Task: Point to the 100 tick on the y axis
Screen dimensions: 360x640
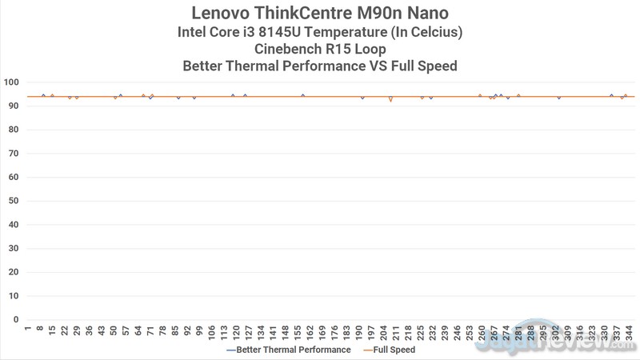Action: coord(11,82)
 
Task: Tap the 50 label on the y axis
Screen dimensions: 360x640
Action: coord(14,201)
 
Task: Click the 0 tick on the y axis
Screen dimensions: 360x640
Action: coord(16,319)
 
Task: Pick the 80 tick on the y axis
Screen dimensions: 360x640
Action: coord(14,130)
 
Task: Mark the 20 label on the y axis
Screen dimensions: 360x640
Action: coord(14,272)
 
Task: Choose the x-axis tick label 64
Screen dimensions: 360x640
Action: coord(138,329)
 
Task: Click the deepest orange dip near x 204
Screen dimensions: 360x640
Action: coord(390,102)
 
